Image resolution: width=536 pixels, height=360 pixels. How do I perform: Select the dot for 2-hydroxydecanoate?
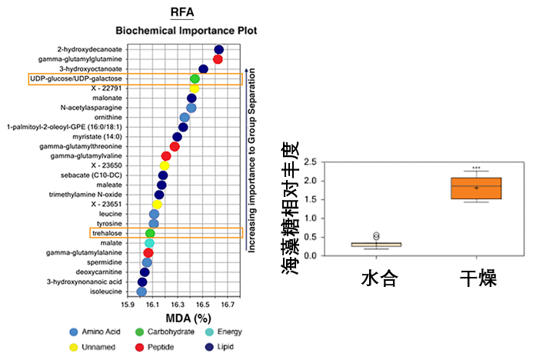[219, 49]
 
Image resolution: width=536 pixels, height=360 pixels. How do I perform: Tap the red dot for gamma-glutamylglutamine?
[218, 59]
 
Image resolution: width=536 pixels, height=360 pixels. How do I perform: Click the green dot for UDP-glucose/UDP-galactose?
[195, 78]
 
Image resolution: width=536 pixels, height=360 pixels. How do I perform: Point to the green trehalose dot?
[150, 233]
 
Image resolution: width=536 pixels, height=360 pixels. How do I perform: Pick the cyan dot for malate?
[150, 243]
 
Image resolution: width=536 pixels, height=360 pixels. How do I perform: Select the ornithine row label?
[107, 117]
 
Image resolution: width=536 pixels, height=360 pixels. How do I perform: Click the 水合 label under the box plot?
[378, 278]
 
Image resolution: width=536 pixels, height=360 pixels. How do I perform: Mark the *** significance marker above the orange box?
[477, 168]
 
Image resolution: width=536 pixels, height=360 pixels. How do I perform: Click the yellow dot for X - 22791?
[195, 88]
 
